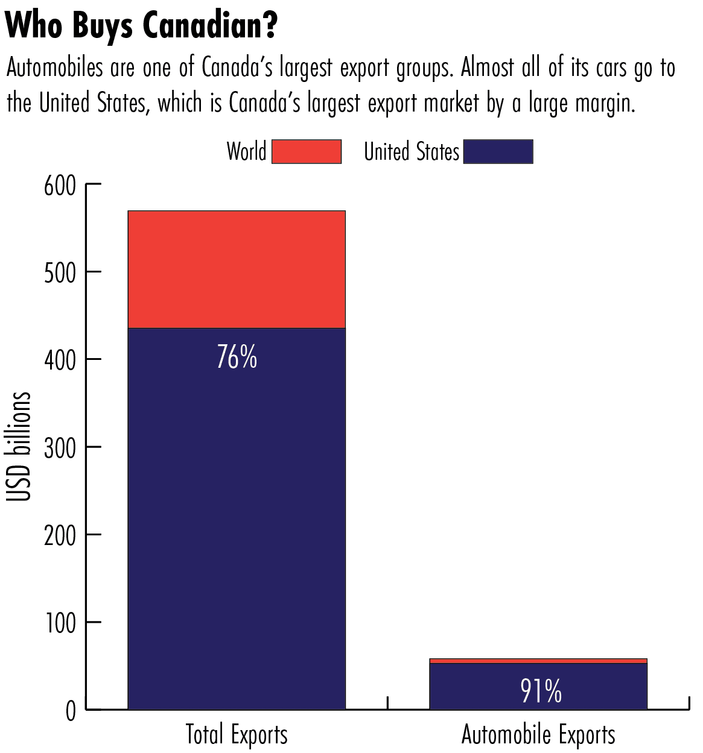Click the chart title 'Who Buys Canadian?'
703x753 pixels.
(x=141, y=25)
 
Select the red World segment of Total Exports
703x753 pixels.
(x=237, y=269)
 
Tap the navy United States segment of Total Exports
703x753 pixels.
(x=237, y=518)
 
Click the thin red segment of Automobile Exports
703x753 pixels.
(x=538, y=661)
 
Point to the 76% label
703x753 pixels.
(x=237, y=357)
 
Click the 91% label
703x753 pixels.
(x=541, y=691)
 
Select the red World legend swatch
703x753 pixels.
(x=307, y=151)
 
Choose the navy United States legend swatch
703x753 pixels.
(x=498, y=151)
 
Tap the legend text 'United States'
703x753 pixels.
(x=412, y=151)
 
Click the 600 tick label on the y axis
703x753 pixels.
(x=60, y=185)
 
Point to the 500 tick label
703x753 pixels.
(x=60, y=273)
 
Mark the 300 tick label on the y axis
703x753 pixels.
(x=60, y=448)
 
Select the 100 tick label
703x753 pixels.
(x=60, y=623)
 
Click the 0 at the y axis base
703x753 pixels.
(x=71, y=711)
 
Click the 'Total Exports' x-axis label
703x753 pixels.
(x=237, y=735)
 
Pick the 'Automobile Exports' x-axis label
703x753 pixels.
(x=538, y=735)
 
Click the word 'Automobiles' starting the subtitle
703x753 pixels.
(x=55, y=68)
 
